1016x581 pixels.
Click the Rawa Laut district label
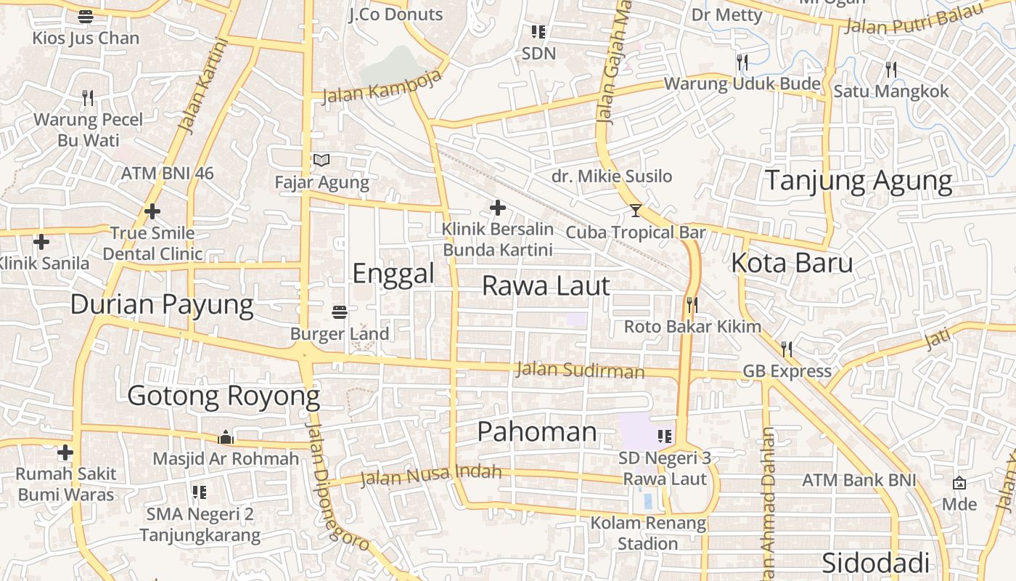(546, 286)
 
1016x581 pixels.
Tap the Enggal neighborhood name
(393, 274)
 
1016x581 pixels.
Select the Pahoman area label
(537, 432)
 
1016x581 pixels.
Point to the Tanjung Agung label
(859, 180)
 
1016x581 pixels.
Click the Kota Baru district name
(792, 263)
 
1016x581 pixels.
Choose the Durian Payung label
(162, 304)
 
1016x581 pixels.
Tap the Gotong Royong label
(224, 397)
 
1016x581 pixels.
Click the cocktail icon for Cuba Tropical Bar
(636, 211)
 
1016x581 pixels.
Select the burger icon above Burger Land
(340, 312)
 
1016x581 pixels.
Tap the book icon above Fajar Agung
(321, 161)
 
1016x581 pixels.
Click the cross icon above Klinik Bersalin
(498, 208)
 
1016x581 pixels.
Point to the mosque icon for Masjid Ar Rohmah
(226, 437)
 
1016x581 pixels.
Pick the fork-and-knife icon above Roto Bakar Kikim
(692, 305)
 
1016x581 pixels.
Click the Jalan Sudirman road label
(580, 370)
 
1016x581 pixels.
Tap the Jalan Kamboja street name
(382, 90)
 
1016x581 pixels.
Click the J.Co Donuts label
(396, 15)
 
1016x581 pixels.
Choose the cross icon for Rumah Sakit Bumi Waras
(65, 452)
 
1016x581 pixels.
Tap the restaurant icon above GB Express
(786, 349)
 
